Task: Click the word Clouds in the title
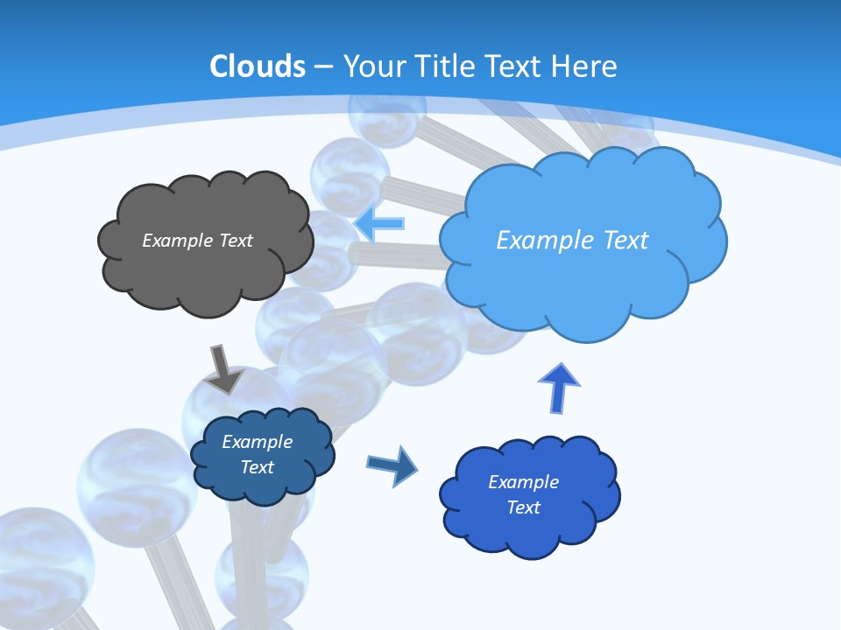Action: click(258, 66)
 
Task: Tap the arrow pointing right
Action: click(392, 465)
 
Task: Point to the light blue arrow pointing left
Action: click(379, 223)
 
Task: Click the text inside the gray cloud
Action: click(197, 241)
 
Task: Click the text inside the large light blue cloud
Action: click(572, 241)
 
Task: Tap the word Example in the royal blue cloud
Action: click(523, 482)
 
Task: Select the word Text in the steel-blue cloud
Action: click(257, 467)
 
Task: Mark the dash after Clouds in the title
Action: click(324, 66)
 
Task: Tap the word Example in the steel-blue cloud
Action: click(257, 442)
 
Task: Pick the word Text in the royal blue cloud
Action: click(523, 507)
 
